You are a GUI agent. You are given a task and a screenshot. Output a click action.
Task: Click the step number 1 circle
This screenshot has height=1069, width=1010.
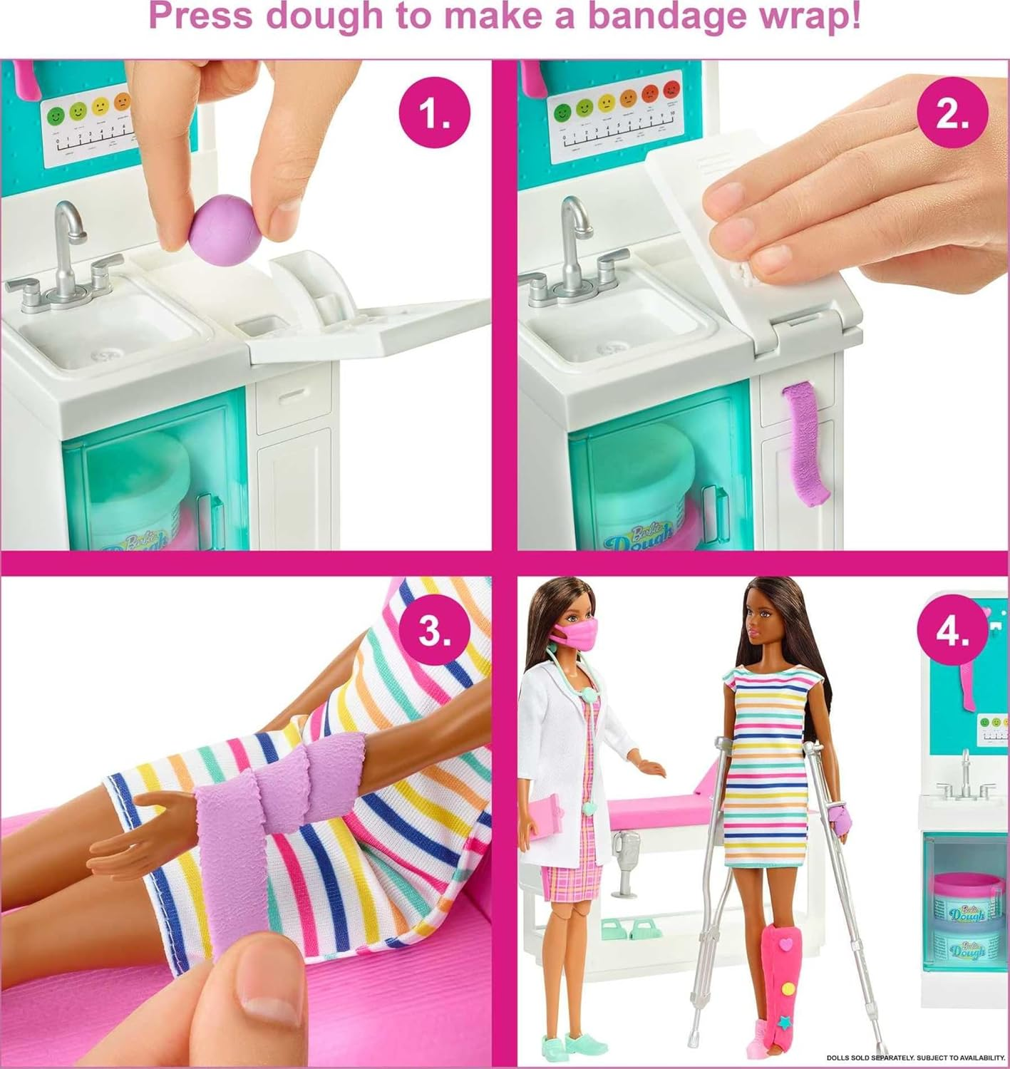point(434,114)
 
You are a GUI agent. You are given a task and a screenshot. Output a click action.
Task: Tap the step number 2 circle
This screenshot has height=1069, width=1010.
point(952,114)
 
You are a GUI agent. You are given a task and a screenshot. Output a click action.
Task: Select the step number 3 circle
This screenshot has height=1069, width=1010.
point(434,629)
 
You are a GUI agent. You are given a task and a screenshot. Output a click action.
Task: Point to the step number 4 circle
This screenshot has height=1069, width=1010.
point(952,629)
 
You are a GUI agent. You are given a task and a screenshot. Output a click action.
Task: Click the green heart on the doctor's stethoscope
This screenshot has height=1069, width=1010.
point(589,808)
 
